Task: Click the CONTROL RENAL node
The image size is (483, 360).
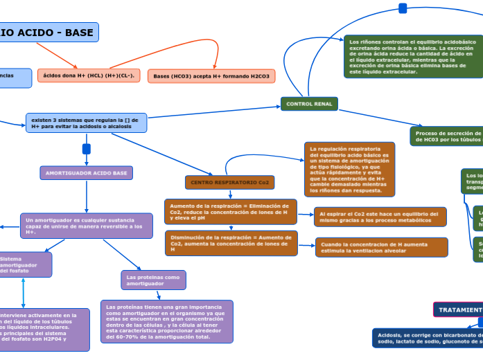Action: [x=309, y=104]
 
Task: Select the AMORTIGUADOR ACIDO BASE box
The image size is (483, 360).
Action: [x=86, y=172]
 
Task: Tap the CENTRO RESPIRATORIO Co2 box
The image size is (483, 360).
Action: [x=230, y=182]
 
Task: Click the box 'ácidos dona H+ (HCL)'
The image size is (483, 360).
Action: [x=89, y=75]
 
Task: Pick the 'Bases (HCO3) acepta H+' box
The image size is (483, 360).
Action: [x=211, y=76]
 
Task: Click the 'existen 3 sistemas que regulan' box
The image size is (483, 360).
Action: [x=86, y=123]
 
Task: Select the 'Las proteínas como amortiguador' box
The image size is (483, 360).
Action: [x=153, y=280]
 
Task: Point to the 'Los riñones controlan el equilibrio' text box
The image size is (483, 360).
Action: [x=413, y=57]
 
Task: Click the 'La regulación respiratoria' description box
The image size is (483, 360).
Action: [x=349, y=170]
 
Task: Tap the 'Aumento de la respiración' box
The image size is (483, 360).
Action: [x=230, y=212]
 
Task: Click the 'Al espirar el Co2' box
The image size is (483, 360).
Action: [x=380, y=217]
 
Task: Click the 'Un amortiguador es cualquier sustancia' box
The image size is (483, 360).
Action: [x=86, y=226]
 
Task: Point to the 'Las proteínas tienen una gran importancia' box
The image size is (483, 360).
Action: [x=166, y=321]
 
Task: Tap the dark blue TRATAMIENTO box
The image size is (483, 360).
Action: [x=458, y=310]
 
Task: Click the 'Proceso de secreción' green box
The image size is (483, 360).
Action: [x=446, y=136]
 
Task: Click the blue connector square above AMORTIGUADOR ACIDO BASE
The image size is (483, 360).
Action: [x=87, y=149]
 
